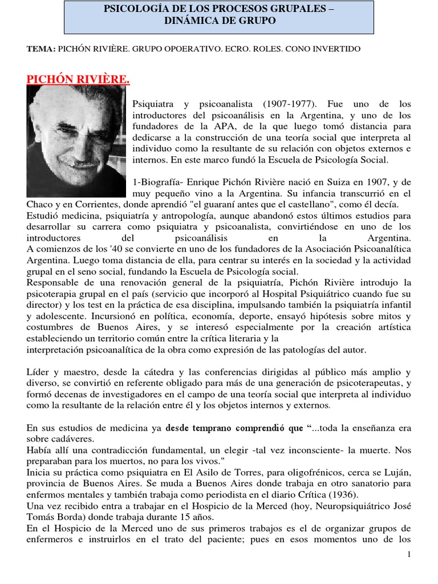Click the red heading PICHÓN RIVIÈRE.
pos(78,79)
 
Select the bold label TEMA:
pos(40,49)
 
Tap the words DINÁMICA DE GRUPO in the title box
pos(220,21)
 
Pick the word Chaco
pos(39,204)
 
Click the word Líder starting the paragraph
pos(38,371)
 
